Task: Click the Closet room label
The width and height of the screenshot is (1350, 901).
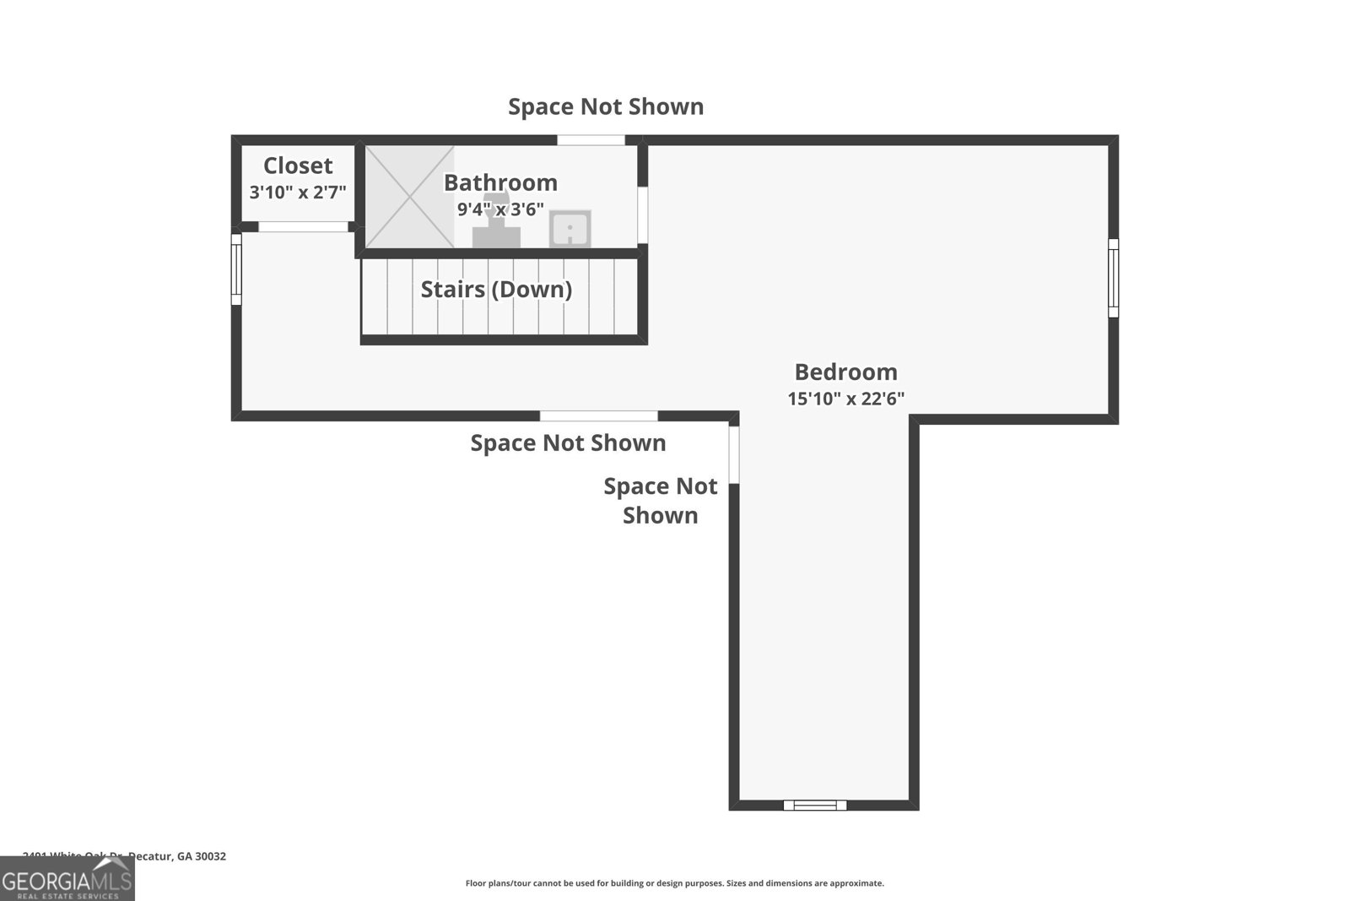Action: tap(298, 166)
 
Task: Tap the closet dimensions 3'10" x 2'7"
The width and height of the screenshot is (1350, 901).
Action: tap(298, 193)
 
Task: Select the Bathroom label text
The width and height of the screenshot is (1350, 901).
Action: tap(500, 182)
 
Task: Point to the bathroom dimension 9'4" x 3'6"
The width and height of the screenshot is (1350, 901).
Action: tap(500, 209)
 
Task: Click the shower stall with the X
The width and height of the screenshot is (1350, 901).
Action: tap(409, 197)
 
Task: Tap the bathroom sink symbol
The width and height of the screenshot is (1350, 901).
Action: tap(570, 229)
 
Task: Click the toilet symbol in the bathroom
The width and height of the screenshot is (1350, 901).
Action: tap(496, 226)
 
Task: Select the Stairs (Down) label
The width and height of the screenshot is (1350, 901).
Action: tap(496, 290)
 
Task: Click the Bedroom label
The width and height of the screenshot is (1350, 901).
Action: tap(845, 372)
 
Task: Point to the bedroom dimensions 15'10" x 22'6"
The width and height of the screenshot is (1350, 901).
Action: tap(845, 399)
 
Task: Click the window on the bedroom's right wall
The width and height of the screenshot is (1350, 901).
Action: tap(1113, 278)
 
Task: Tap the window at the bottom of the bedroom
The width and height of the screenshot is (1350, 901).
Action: tap(815, 805)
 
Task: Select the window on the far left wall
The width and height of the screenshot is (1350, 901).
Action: tap(237, 269)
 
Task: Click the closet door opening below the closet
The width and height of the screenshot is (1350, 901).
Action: tap(303, 226)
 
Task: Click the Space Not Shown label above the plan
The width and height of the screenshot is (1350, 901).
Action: tap(606, 107)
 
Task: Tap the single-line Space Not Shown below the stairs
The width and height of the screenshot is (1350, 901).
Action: tap(568, 443)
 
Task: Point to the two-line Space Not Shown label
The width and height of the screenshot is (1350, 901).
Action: tap(660, 501)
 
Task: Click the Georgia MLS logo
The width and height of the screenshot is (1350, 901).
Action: tap(67, 879)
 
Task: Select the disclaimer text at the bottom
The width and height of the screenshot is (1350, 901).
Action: tap(674, 883)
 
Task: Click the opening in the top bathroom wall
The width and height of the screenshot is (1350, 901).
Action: tap(591, 140)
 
